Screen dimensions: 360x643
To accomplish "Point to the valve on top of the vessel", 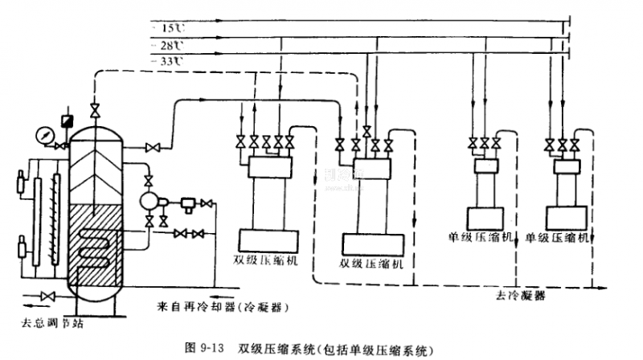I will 96,109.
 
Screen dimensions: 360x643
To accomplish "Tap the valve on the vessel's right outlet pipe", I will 154,147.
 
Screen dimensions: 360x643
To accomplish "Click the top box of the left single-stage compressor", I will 484,166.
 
